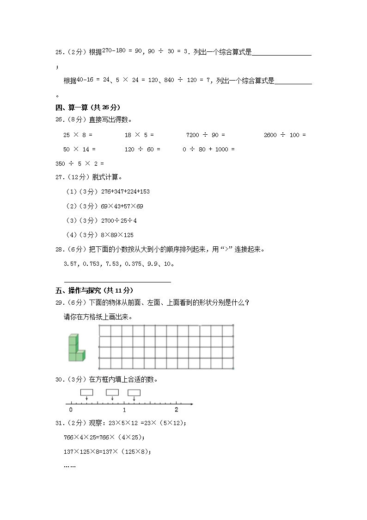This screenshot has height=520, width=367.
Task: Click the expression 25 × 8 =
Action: (78, 135)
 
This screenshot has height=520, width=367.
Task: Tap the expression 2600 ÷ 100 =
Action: (285, 135)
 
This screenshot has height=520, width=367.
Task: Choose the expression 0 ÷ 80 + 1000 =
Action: (208, 149)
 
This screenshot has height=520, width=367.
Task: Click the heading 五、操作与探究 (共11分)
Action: (94, 290)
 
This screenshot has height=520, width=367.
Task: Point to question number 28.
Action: (59, 249)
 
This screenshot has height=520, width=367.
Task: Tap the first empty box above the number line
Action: (86, 392)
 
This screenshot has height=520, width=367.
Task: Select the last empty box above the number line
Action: (134, 393)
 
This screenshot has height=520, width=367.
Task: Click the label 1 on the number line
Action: (124, 410)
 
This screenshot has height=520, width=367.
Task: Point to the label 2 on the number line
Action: (176, 410)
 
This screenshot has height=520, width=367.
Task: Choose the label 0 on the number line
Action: (70, 410)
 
